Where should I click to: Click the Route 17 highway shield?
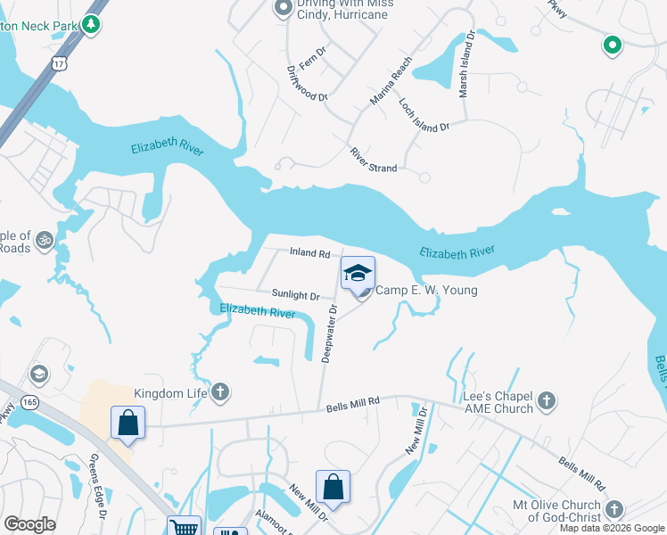click(x=59, y=63)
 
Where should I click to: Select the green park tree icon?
click(x=90, y=24)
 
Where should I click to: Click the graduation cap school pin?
click(x=358, y=274)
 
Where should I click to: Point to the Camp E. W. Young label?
click(x=425, y=291)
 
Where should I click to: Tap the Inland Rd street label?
click(x=309, y=253)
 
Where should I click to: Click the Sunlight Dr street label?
click(x=295, y=295)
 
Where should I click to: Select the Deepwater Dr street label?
click(x=329, y=333)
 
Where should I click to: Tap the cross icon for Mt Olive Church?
click(x=612, y=509)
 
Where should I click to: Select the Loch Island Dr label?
click(x=424, y=116)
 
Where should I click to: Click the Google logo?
click(x=29, y=524)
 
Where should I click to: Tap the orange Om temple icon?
click(x=45, y=240)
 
